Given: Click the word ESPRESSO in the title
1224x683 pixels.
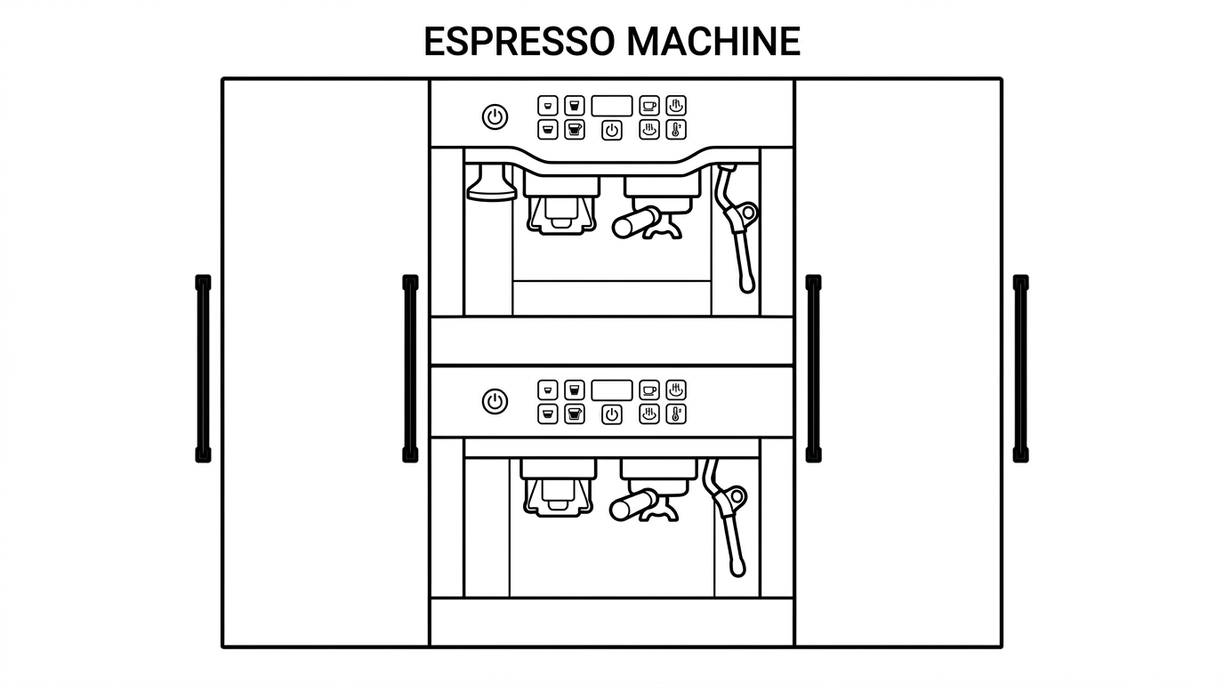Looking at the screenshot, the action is click(x=519, y=42).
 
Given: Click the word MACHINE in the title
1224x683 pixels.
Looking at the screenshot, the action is click(x=713, y=42).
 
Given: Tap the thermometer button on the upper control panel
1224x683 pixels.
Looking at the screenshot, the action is click(x=676, y=130).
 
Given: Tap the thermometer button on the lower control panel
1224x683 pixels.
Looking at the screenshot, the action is click(x=676, y=414).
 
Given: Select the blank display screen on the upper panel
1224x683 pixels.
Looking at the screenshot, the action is click(x=612, y=106).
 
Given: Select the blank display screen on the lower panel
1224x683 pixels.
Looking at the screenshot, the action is click(x=612, y=390).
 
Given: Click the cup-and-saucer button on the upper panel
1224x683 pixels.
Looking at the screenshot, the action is click(x=649, y=106).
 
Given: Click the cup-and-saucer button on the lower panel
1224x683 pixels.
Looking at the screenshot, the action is click(x=649, y=390).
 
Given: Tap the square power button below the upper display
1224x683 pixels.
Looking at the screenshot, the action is click(x=612, y=131).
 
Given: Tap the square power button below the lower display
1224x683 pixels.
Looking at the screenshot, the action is click(x=612, y=414).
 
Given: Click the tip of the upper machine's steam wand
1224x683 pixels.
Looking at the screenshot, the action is click(x=747, y=287).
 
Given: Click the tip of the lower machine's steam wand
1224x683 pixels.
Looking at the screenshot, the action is click(x=737, y=570).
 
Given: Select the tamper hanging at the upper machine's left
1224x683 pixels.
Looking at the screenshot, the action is click(x=492, y=182).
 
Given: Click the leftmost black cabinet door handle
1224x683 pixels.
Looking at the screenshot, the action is click(x=204, y=369).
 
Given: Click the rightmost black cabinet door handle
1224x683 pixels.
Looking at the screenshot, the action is click(x=1020, y=369).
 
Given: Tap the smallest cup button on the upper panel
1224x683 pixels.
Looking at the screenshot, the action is click(x=548, y=106).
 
